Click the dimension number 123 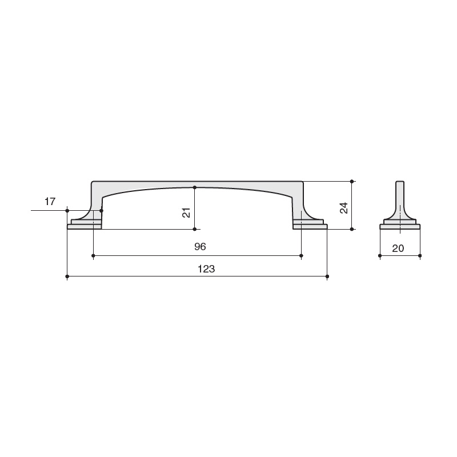206,268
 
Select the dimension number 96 201,247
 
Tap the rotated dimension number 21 186,213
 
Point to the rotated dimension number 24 344,208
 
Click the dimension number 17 50,202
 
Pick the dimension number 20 398,248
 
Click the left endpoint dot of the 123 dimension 67,276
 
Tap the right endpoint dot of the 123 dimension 327,276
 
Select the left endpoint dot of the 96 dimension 93,255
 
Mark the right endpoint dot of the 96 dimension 302,255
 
